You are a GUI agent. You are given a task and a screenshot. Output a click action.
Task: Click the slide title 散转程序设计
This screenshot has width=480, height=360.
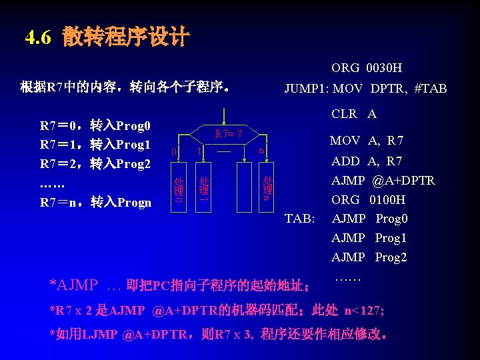point(127,37)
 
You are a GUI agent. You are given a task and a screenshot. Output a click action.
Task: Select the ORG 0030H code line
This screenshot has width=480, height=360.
point(366,68)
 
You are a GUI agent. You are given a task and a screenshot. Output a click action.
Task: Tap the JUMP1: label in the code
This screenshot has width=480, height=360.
point(307,89)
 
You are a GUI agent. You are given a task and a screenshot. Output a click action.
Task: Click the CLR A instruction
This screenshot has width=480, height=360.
point(353,114)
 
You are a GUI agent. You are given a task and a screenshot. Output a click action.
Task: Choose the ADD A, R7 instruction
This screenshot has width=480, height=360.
point(366,161)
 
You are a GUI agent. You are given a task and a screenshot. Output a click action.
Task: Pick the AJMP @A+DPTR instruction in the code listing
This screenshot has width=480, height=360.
point(383,181)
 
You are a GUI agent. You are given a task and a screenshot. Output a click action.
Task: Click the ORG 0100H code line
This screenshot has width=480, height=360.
point(368,200)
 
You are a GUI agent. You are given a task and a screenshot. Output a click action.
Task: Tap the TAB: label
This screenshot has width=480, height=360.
point(299,219)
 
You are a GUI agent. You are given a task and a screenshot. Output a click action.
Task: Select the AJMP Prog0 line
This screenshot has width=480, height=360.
point(369,219)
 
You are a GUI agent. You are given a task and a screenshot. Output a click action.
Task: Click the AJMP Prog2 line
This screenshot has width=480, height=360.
point(369,257)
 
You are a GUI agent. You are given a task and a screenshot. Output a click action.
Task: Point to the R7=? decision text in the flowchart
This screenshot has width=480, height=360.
point(228,134)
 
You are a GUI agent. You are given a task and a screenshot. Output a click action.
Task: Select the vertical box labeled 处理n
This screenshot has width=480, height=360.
point(267,189)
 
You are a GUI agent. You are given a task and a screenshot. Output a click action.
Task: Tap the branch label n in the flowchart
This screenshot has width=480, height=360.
point(262,151)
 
